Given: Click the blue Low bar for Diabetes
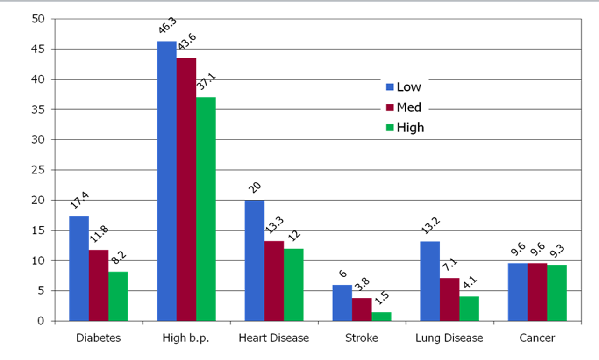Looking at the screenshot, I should [x=79, y=269].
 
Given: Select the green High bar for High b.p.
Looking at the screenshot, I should [x=206, y=209].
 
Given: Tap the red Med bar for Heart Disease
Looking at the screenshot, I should [x=274, y=281].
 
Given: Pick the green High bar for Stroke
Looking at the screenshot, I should [x=381, y=317].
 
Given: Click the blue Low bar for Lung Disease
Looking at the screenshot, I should [x=430, y=281].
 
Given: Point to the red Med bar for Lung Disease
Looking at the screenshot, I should [x=449, y=300].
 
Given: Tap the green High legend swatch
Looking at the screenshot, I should [x=390, y=128].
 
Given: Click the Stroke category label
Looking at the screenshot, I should [x=362, y=338].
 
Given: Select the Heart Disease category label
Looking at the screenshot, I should [x=274, y=338].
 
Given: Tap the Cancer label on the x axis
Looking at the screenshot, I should [x=537, y=338].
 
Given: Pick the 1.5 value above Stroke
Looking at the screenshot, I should [x=382, y=298].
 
